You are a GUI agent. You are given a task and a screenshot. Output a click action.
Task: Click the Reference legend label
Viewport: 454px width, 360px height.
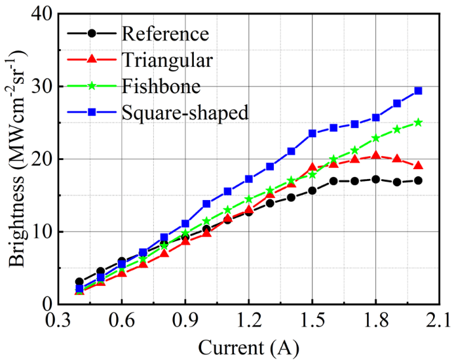click(165, 33)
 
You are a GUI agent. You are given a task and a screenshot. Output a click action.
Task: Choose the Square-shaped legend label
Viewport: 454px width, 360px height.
click(185, 111)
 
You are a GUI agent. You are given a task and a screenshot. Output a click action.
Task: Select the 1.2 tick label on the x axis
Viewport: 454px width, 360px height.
click(249, 321)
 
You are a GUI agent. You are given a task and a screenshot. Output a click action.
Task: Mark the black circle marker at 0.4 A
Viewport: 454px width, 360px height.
click(79, 282)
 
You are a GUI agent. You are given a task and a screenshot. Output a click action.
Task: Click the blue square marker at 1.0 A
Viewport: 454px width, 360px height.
click(206, 204)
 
